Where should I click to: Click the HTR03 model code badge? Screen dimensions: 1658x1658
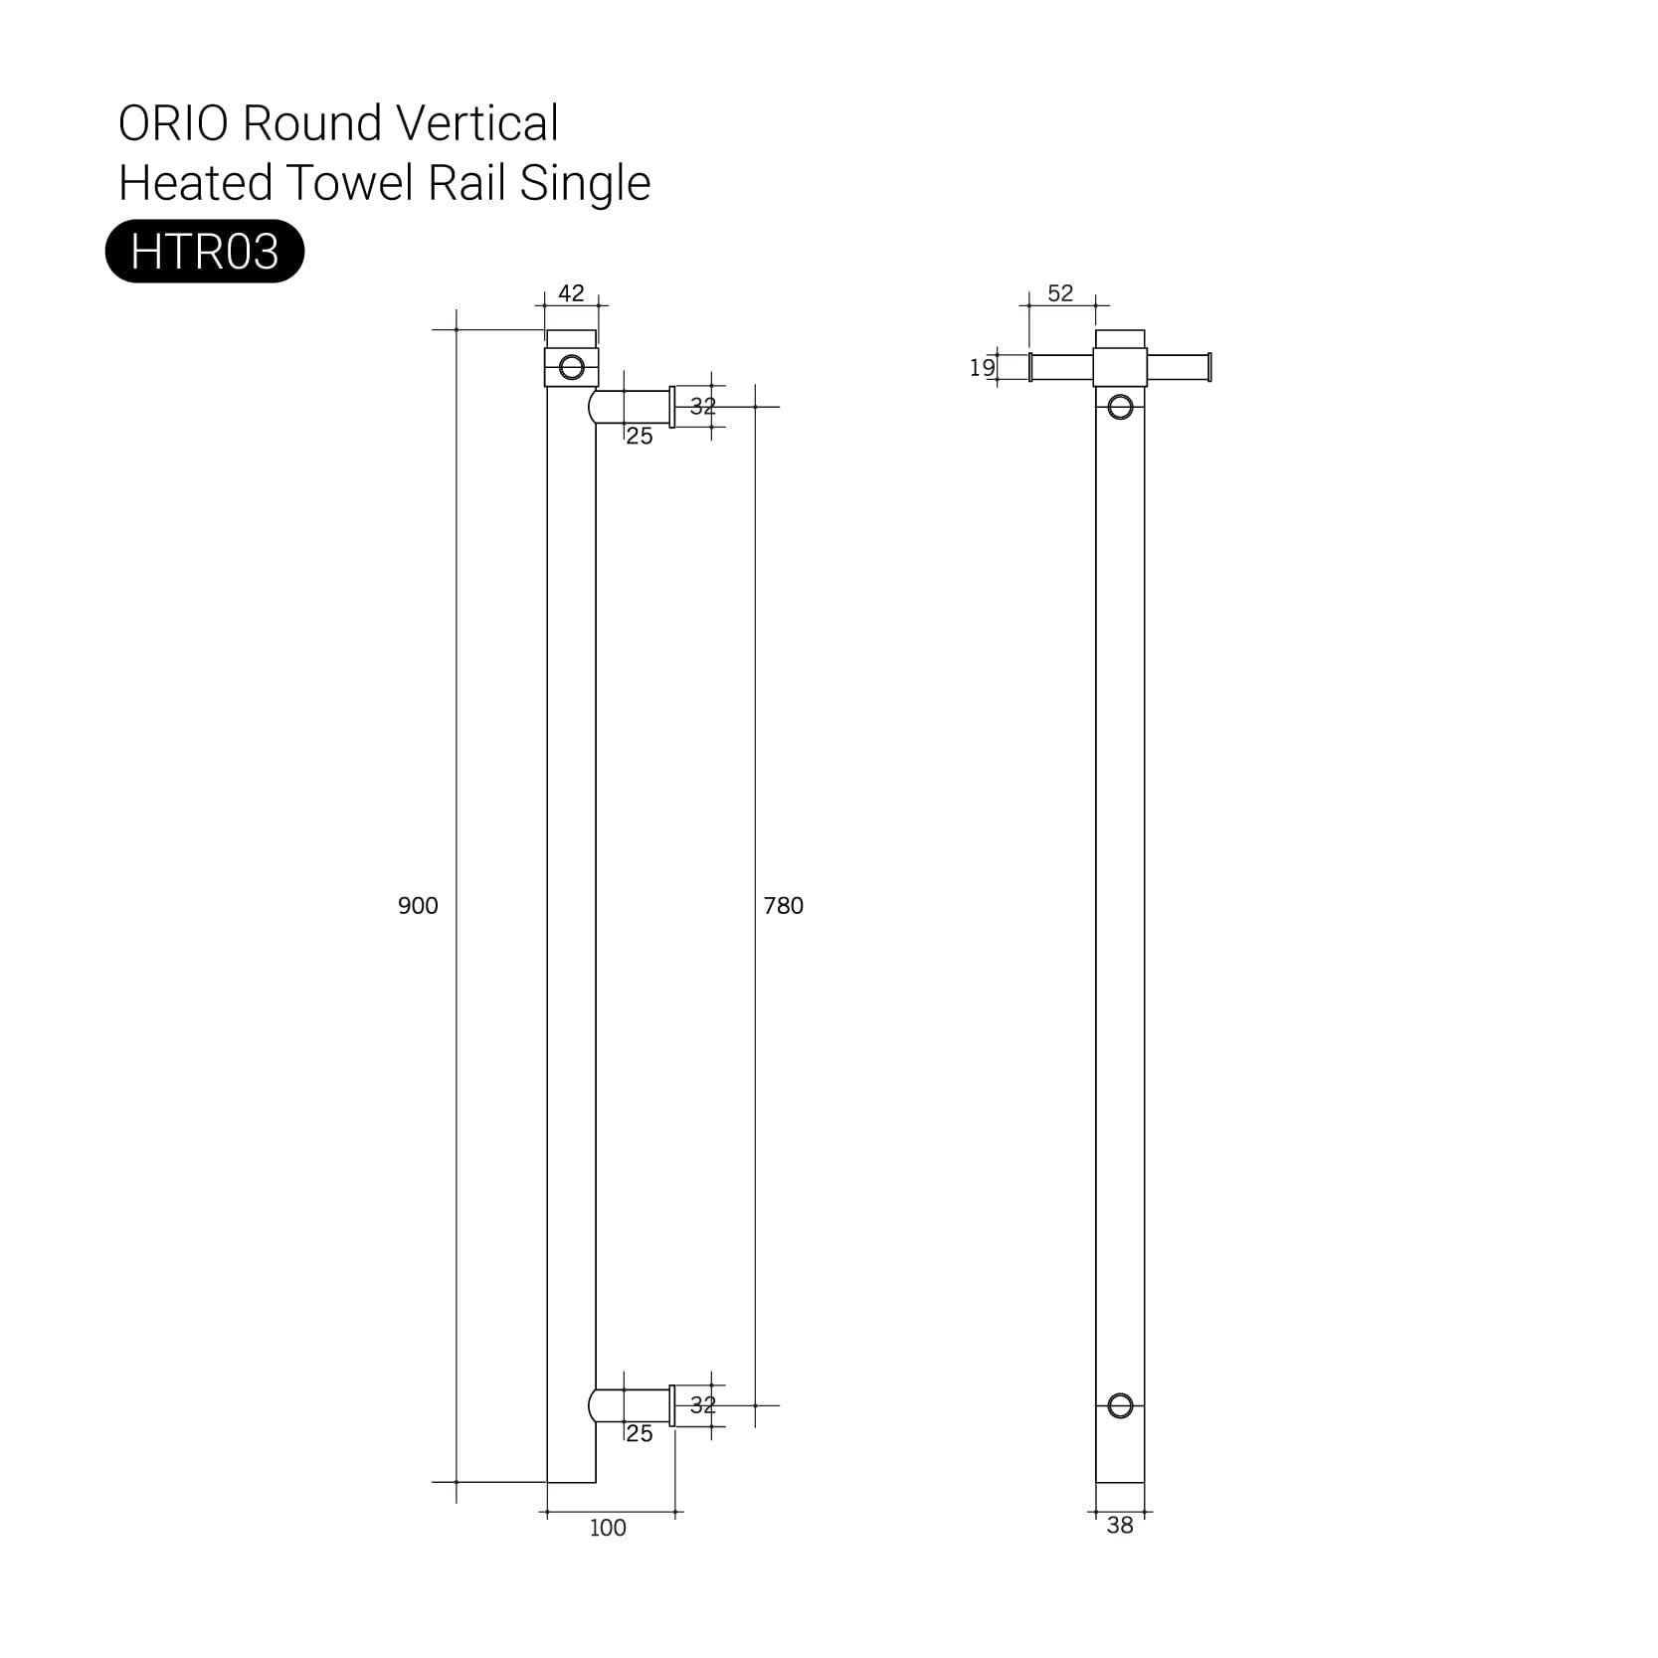204,252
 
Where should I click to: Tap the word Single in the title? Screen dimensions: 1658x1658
585,184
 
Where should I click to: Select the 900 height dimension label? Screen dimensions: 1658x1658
418,906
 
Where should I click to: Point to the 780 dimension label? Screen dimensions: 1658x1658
783,906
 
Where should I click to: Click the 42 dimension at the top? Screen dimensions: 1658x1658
571,293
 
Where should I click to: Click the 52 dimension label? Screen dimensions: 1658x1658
1060,293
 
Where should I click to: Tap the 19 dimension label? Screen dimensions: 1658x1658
982,368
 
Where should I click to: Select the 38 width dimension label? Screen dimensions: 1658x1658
1119,1526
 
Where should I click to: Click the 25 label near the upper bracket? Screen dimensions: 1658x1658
640,437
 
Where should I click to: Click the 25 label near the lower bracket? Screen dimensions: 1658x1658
640,1434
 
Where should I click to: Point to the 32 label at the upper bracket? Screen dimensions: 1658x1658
702,407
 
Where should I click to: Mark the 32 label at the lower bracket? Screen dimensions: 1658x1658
702,1405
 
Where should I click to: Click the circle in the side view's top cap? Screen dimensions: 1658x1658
572,367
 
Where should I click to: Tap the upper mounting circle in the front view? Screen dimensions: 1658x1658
1120,407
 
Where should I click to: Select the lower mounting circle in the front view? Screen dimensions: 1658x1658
1120,1405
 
